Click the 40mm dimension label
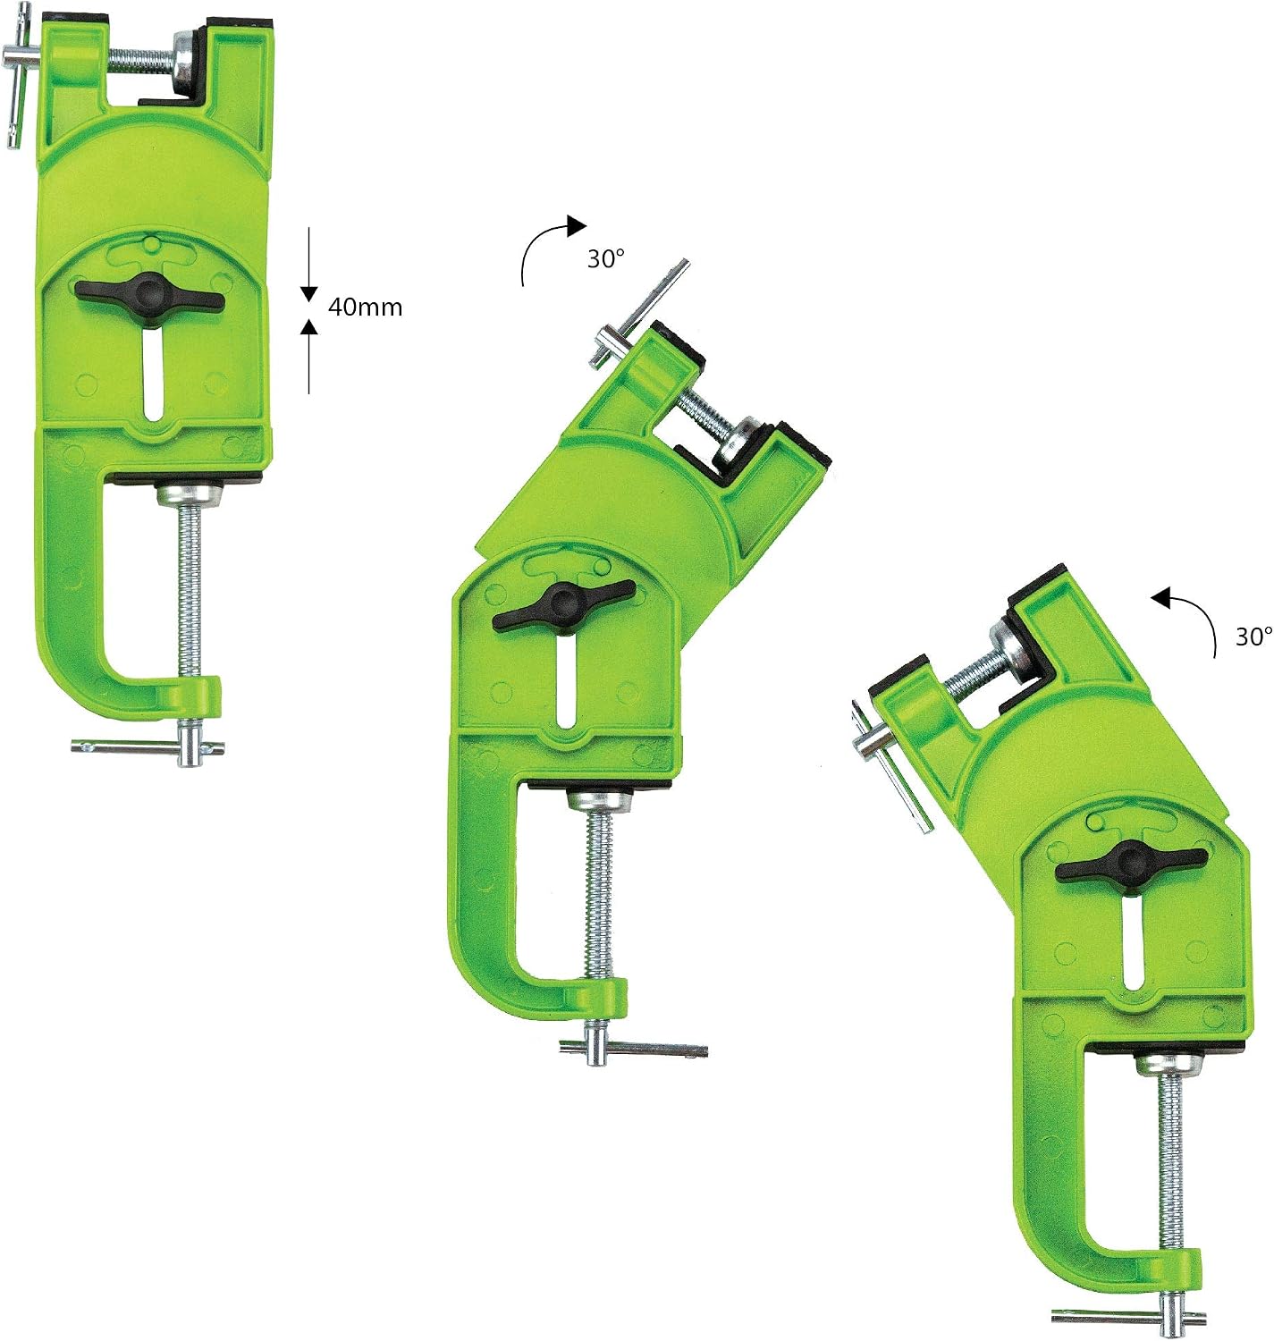pos(365,308)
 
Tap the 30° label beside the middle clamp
pos(606,259)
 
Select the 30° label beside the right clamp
pos(1253,637)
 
